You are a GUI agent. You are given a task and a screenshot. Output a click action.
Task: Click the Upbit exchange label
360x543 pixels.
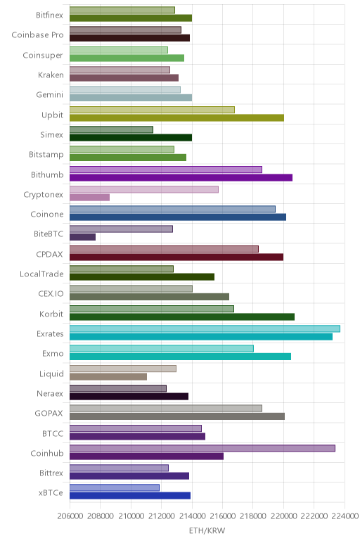[x=52, y=115]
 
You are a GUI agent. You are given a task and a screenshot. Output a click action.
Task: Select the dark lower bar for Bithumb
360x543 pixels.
[x=181, y=178]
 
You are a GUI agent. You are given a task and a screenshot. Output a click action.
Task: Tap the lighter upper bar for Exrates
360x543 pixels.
[x=205, y=328]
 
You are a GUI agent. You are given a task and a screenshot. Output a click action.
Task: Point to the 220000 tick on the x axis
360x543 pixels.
[x=283, y=516]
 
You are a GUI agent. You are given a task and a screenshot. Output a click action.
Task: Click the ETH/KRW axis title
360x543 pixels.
[x=207, y=530]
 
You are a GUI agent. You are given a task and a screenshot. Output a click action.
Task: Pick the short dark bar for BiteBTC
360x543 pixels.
[x=82, y=237]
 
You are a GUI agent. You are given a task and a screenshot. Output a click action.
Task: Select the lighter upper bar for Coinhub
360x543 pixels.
[x=202, y=448]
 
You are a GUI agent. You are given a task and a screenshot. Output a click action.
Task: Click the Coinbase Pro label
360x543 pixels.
[x=37, y=35]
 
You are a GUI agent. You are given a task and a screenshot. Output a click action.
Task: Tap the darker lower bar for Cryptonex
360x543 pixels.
[x=90, y=198]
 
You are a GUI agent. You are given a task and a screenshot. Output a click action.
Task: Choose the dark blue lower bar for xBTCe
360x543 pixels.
[x=130, y=496]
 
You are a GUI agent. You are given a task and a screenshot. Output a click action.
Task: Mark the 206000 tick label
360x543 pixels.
[x=70, y=516]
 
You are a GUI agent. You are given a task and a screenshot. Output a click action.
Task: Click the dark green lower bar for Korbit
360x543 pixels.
[x=182, y=317]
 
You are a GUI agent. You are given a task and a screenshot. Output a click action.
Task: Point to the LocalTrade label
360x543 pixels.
[x=41, y=274]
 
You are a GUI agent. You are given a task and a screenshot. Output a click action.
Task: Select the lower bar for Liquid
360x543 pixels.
[x=108, y=376]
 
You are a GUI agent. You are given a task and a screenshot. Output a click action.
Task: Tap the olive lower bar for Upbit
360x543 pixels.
[x=177, y=117]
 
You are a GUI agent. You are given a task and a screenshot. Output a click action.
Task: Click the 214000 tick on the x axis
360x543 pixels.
[x=191, y=516]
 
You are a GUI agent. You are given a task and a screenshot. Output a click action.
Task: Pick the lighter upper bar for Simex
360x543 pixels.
[x=111, y=129]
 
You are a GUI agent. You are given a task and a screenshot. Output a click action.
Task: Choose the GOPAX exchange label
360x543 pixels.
[x=49, y=413]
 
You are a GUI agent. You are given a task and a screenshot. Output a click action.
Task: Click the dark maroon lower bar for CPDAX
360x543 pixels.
[x=176, y=257]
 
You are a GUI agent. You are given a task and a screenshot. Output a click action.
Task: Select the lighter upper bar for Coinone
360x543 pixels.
[x=172, y=209]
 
